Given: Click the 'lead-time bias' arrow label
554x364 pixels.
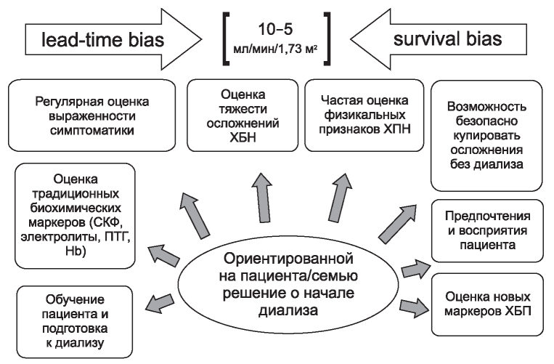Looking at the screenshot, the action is pos(103,39).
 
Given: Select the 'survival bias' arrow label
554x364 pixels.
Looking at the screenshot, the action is pos(448,39).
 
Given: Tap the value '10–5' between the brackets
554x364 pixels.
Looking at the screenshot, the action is pos(275,29).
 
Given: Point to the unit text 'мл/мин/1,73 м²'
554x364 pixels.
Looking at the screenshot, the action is pos(275,49).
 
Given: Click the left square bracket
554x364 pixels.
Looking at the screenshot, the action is pos(226,39).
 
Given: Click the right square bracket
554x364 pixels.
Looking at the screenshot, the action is pos(327,39).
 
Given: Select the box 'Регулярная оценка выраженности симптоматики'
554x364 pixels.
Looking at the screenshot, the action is pos(92,116).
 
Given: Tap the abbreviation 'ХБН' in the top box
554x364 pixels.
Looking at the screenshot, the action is pos(243,137).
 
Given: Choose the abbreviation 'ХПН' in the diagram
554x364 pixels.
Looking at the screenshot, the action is pos(397,129).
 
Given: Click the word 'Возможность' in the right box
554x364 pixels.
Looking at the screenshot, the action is pos(486,106).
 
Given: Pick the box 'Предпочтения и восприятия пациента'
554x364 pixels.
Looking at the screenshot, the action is pos(487,231).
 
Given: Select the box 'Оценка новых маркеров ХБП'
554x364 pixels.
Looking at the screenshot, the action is pos(487,304).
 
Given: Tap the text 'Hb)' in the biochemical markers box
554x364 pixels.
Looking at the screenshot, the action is pos(76,251).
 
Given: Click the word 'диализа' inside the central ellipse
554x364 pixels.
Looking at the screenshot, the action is pos(288,310).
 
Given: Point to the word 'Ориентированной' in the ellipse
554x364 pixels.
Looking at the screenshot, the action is pos(288,259).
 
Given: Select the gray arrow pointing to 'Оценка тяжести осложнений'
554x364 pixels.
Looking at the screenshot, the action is pos(264,197).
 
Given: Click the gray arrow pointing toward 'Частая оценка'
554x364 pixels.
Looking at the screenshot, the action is pos(340,197).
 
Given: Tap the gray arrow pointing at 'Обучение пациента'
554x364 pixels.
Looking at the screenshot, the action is pos(160,304).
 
